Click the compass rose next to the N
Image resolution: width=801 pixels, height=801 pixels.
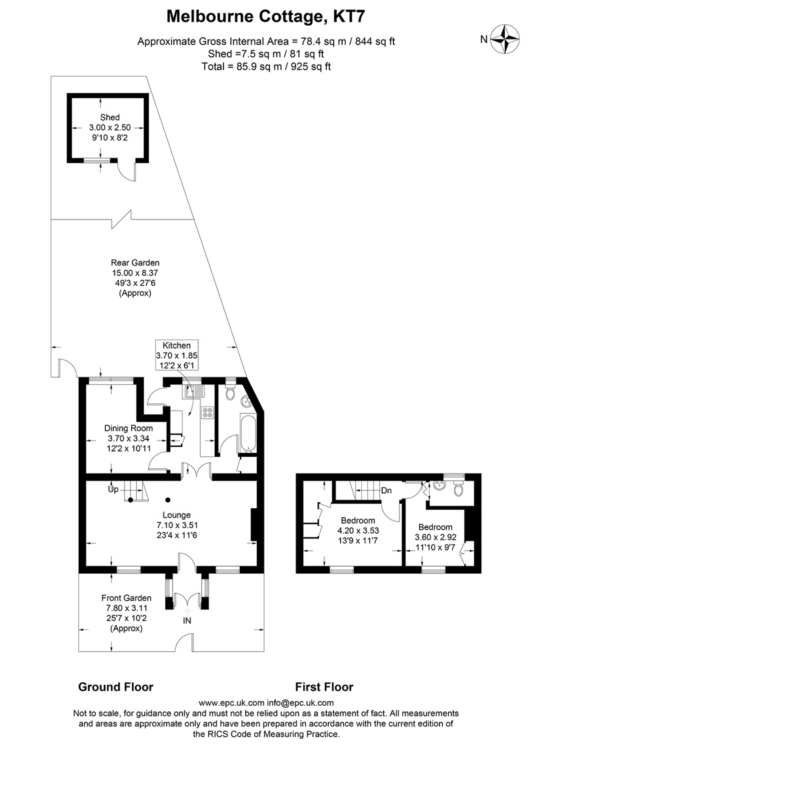(x=505, y=40)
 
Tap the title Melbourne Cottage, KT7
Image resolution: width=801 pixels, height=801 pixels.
(x=266, y=17)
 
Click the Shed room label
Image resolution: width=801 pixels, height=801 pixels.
(x=110, y=117)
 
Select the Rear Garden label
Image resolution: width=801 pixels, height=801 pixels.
(x=135, y=263)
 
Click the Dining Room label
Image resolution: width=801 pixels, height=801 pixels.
(x=128, y=428)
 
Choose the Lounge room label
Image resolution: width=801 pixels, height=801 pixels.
(x=177, y=515)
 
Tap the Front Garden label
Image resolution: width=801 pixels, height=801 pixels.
(x=126, y=598)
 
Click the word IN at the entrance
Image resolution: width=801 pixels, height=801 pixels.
(x=187, y=621)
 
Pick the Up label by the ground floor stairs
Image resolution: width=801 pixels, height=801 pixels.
(x=113, y=489)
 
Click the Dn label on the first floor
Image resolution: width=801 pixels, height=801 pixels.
(x=386, y=491)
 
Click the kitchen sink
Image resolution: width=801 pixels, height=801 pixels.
(x=193, y=391)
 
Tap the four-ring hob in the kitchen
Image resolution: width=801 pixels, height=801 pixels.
(x=207, y=413)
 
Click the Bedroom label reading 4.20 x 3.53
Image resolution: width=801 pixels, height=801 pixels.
(x=358, y=520)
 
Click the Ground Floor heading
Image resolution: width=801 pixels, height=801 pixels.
(x=116, y=687)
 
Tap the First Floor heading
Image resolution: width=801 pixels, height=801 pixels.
(x=324, y=687)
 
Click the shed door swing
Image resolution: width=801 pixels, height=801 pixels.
(x=126, y=171)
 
